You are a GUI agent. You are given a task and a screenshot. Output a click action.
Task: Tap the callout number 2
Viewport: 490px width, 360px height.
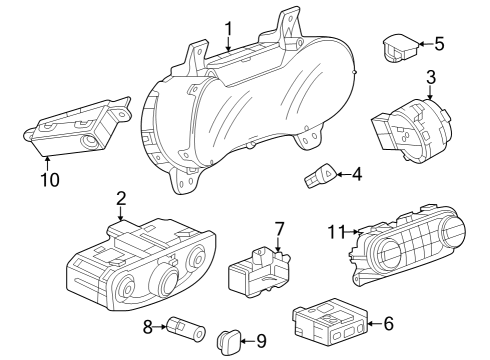(120, 198)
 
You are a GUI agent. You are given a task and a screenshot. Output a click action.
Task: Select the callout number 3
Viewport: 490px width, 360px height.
(431, 76)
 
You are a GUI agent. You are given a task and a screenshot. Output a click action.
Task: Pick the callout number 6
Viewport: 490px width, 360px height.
(388, 323)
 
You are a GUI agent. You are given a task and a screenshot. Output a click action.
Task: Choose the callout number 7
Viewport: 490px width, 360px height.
(280, 229)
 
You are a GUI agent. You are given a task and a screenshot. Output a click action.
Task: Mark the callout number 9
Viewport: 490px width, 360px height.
(261, 342)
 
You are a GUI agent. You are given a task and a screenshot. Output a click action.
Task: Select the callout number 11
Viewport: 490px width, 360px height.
(335, 231)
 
